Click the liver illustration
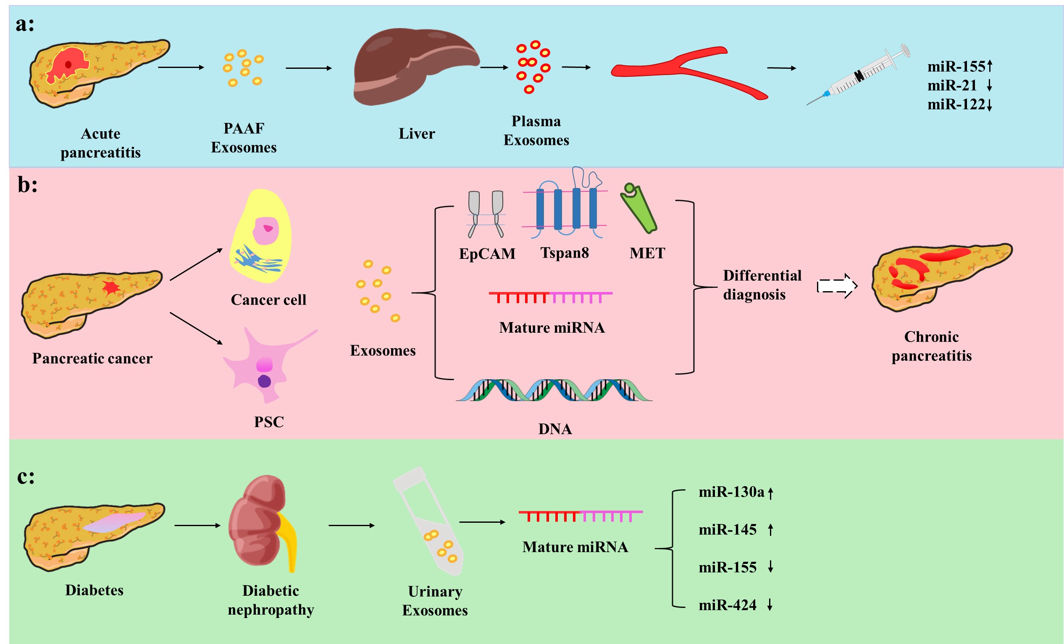(415, 67)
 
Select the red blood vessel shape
(687, 69)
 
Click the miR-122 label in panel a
(956, 104)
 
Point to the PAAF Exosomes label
(244, 138)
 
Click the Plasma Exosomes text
(536, 131)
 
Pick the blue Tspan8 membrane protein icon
(566, 207)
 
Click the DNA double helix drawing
(554, 390)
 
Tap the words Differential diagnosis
(762, 285)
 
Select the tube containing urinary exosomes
(430, 522)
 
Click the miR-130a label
(731, 492)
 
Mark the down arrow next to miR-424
(770, 605)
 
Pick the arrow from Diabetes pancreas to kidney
(197, 525)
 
